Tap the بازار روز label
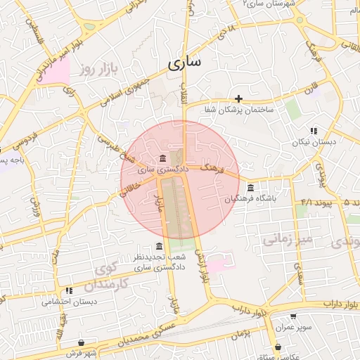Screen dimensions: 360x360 tap(96, 69)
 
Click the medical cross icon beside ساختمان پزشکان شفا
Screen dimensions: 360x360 tap(239, 98)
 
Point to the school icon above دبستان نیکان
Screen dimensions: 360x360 tap(314, 131)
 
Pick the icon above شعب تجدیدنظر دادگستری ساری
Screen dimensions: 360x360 tap(159, 246)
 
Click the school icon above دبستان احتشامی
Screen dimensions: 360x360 tap(69, 290)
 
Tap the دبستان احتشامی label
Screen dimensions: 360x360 tap(63, 302)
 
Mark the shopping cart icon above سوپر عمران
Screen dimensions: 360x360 tap(292, 316)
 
